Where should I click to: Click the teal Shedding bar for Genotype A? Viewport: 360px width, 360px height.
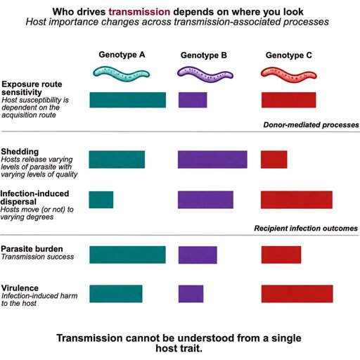(x=117, y=160)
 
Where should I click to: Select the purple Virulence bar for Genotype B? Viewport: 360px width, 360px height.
(x=191, y=294)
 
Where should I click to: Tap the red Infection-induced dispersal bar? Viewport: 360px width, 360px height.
(x=297, y=200)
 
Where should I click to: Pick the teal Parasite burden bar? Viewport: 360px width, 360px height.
(x=127, y=255)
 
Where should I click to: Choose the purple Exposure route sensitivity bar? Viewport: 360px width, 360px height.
(x=193, y=100)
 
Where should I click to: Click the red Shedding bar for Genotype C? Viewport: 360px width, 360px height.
(x=274, y=160)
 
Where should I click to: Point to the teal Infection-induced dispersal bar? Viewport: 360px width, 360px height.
(x=101, y=200)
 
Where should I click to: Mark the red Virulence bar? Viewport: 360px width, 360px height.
(x=297, y=294)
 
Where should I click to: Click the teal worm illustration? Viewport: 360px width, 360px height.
(x=121, y=74)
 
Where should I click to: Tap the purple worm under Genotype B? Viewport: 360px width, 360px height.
(x=205, y=75)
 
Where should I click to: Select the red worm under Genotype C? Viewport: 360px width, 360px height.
(x=289, y=75)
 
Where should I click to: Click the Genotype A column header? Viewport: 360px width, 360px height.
(x=122, y=55)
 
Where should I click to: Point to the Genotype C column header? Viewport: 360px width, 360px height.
(x=289, y=56)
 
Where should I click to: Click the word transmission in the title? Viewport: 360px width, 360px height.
(x=139, y=12)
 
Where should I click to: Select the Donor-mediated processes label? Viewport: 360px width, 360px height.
(x=311, y=124)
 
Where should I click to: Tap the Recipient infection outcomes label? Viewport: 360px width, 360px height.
(x=306, y=229)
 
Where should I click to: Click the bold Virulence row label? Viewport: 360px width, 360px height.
(x=20, y=288)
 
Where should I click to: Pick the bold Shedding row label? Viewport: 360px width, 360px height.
(x=20, y=152)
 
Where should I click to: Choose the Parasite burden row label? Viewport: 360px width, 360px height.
(x=32, y=249)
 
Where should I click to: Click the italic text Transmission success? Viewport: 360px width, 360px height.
(x=37, y=257)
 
